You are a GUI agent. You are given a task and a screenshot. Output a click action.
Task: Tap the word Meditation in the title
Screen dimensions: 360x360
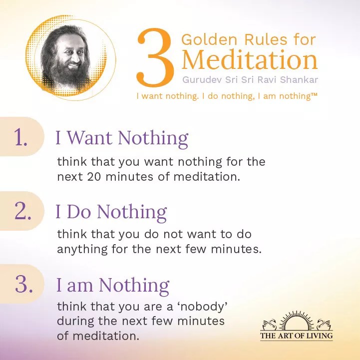(x=249, y=60)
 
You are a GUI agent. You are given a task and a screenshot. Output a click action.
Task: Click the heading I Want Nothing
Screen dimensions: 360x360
(x=121, y=138)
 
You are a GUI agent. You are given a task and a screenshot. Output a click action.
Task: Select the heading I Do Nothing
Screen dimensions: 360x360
(x=111, y=212)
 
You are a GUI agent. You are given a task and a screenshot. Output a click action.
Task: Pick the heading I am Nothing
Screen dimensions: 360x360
(x=112, y=286)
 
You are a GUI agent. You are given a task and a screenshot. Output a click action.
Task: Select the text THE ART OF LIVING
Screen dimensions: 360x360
(x=296, y=336)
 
